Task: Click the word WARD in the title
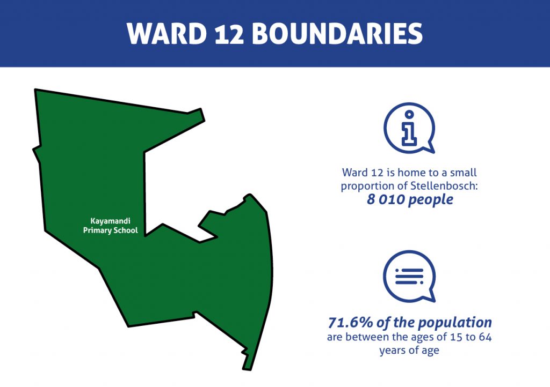tap(167, 34)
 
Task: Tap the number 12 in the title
tap(229, 34)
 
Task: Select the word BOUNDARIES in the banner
tap(337, 34)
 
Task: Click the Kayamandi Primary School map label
tap(111, 226)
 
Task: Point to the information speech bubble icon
tap(409, 128)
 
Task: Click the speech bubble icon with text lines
tap(409, 277)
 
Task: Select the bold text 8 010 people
tap(410, 200)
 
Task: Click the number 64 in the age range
tap(485, 337)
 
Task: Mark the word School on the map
tap(126, 230)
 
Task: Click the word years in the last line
tap(390, 351)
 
